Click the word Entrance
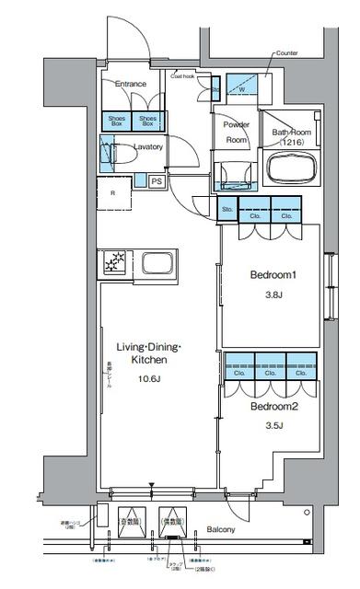(x=131, y=85)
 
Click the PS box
(x=157, y=181)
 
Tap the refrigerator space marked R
(x=113, y=194)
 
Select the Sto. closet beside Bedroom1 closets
(x=227, y=212)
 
